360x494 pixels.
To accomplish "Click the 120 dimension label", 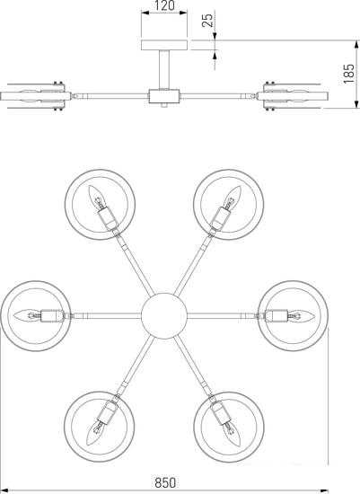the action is click(164, 5).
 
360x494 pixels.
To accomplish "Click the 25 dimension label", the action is click(207, 20).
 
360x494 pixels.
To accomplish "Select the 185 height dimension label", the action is click(348, 74).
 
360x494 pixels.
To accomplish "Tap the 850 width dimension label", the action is click(165, 482).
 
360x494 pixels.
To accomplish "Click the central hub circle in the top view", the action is click(164, 315).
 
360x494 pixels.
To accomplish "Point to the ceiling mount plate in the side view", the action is click(164, 45).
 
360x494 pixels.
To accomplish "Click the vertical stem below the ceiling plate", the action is click(164, 70).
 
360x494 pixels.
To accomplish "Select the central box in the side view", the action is click(164, 96).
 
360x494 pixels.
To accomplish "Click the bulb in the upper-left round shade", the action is click(95, 196).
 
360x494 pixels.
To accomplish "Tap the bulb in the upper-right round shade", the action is click(233, 196).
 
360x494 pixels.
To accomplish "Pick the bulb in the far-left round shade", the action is click(28, 315).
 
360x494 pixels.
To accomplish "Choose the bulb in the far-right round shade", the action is click(302, 315).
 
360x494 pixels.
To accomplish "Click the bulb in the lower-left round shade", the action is click(95, 434).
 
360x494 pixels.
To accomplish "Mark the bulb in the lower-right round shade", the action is click(233, 434).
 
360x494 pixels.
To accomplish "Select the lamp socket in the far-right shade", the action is click(276, 315).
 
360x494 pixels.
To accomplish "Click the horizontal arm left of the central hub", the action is click(107, 315).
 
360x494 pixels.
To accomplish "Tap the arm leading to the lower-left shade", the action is click(135, 366).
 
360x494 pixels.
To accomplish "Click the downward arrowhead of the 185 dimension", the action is click(356, 104).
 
